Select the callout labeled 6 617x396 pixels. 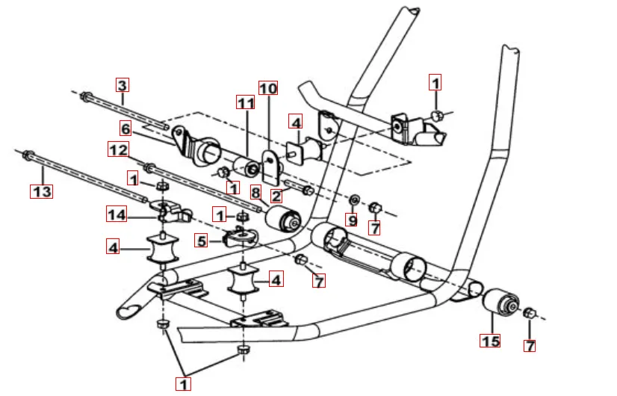click(125, 129)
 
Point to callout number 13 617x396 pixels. click(42, 191)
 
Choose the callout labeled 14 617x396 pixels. click(115, 215)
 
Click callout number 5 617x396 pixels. click(201, 240)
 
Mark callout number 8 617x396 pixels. click(255, 193)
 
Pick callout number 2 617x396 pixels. click(276, 197)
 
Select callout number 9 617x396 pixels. click(351, 220)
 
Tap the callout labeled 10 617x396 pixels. click(267, 88)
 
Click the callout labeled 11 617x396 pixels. click(246, 102)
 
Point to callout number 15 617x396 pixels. click(490, 341)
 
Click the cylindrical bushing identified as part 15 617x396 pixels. click(500, 305)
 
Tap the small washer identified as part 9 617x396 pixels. click(356, 200)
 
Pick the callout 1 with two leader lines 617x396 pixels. click(183, 384)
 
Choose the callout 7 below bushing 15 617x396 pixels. click(530, 346)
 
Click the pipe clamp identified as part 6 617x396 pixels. click(196, 145)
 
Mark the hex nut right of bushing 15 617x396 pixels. click(529, 313)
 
